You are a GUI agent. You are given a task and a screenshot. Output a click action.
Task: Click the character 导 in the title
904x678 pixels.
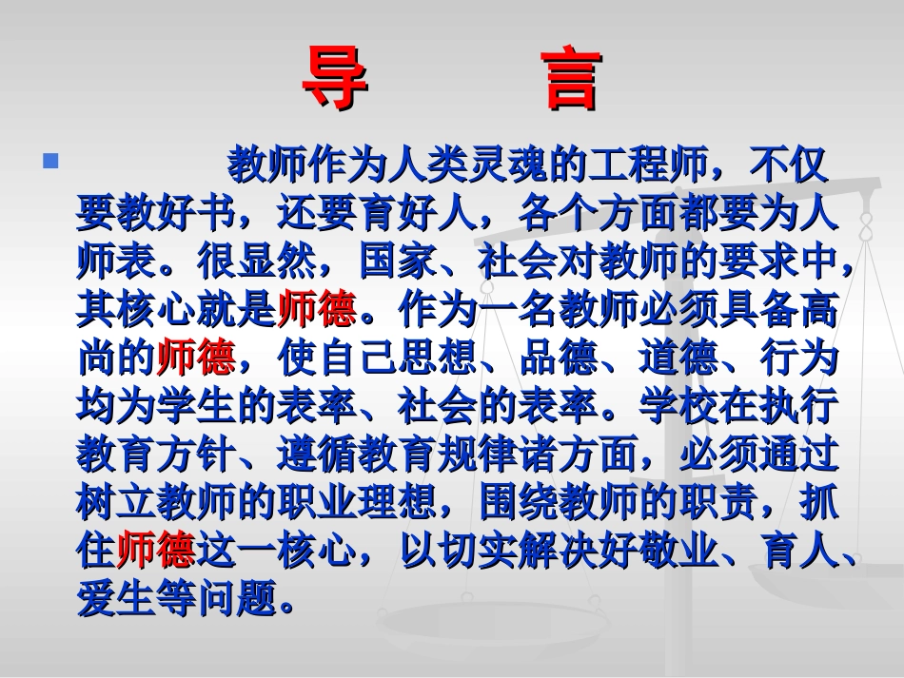coord(335,81)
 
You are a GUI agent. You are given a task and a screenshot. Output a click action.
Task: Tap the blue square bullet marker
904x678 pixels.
coord(51,161)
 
